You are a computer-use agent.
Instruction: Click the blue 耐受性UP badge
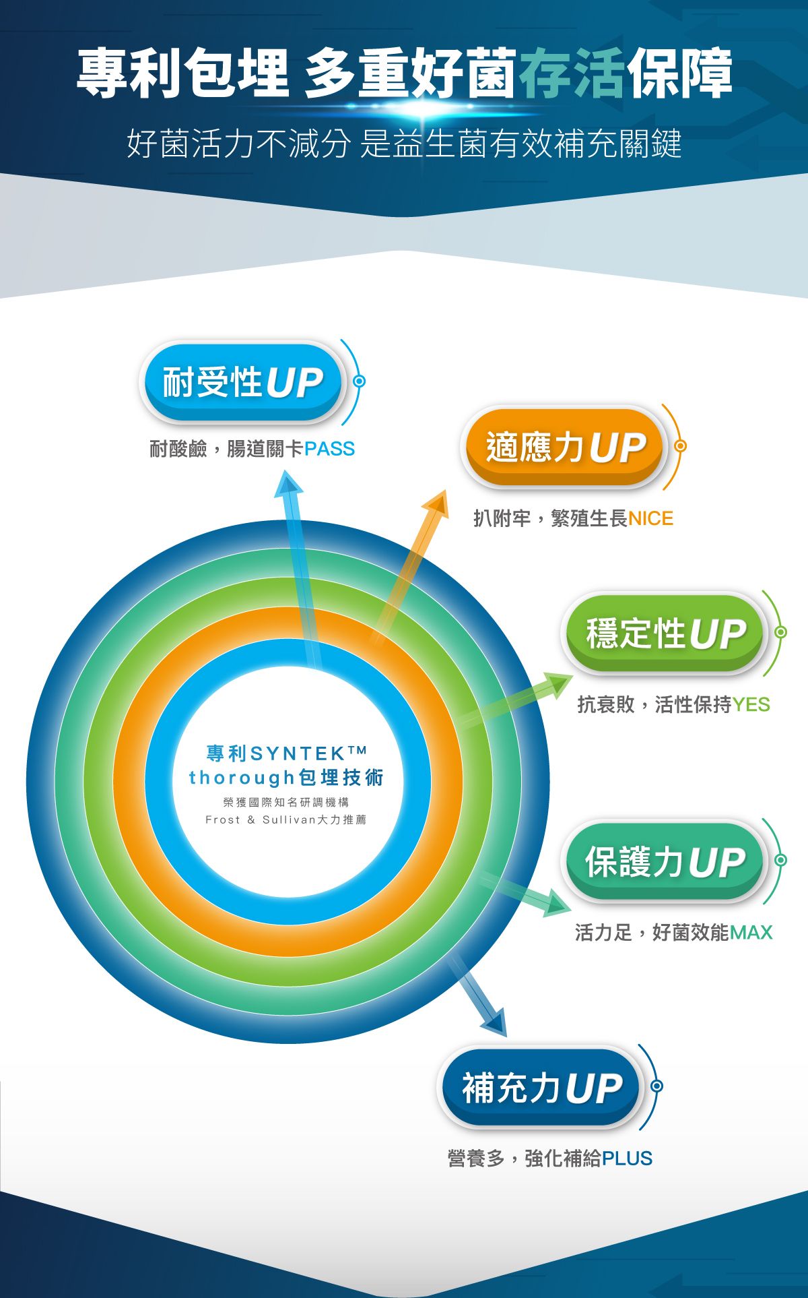point(242,382)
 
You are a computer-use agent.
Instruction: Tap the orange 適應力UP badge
point(564,447)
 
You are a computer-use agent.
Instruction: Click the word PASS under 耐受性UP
point(329,449)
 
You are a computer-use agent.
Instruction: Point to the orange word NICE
point(650,518)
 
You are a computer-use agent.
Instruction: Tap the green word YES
point(751,705)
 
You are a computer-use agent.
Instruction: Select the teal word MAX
point(750,933)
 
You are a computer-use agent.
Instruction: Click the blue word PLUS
point(627,1158)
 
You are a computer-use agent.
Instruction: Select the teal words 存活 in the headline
point(572,73)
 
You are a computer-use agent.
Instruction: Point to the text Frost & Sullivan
point(259,820)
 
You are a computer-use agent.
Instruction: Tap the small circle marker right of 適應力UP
point(680,446)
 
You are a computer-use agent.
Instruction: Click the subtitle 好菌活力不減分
point(238,144)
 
